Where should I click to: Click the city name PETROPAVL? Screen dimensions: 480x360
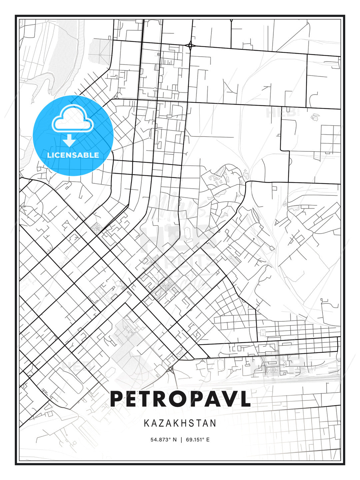pos(180,399)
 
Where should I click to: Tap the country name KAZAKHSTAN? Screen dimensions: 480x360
pos(180,423)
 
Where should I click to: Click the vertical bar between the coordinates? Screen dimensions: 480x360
pos(181,440)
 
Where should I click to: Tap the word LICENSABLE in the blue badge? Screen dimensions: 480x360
pos(73,155)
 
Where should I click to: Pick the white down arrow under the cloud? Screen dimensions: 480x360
pos(69,141)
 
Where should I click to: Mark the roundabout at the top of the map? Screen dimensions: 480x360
pos(190,45)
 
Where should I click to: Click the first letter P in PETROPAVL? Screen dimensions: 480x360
pos(118,399)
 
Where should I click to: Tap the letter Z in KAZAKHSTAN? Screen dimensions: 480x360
pos(160,423)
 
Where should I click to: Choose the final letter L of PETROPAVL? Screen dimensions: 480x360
pos(245,399)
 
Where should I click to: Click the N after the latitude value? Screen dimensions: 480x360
pos(174,440)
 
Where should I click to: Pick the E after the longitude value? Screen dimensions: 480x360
pos(208,440)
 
